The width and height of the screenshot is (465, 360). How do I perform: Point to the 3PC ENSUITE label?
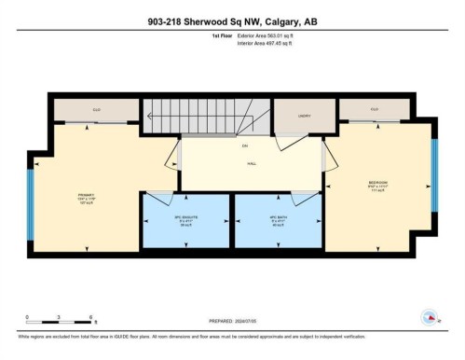(185, 221)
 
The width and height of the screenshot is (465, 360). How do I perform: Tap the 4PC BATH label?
(278, 221)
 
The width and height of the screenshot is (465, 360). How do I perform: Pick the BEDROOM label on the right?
(377, 184)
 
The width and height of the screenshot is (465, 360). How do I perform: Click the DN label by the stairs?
(245, 147)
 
